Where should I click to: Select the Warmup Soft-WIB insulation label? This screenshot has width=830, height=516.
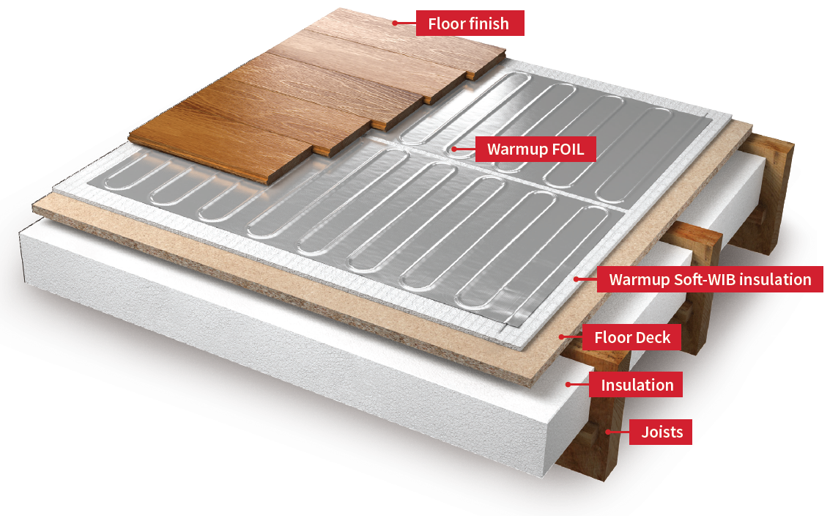[710, 279]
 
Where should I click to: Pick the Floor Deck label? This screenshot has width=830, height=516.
[632, 338]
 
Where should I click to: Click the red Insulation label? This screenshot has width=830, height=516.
[637, 385]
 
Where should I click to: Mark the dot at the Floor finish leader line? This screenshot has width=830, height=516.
[394, 23]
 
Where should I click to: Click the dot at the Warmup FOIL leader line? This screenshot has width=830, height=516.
[454, 150]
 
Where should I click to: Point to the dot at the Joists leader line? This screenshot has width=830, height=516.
[607, 432]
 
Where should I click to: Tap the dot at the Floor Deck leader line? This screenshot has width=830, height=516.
[562, 337]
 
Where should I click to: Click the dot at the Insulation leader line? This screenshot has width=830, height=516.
[568, 384]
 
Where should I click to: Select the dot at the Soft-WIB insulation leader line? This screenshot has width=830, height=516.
[577, 279]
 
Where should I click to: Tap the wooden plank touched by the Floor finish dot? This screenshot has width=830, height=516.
[366, 29]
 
